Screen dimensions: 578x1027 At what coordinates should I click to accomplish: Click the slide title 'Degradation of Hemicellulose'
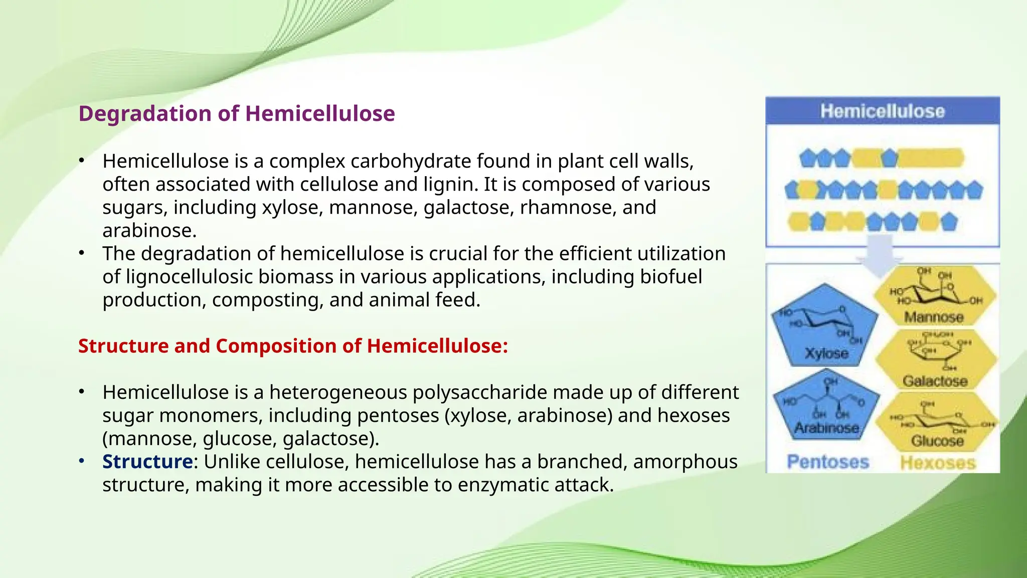(237, 113)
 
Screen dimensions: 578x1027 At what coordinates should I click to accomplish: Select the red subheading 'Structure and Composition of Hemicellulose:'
(293, 346)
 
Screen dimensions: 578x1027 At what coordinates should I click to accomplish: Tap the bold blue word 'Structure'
(147, 462)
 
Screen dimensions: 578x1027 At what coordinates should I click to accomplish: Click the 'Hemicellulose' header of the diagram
(882, 111)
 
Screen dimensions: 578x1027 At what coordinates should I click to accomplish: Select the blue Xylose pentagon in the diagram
(825, 326)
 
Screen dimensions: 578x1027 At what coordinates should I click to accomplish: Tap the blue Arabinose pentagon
(826, 406)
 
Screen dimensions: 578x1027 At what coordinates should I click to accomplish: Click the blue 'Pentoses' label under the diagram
(827, 462)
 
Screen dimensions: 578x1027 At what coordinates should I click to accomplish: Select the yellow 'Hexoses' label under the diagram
(938, 463)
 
